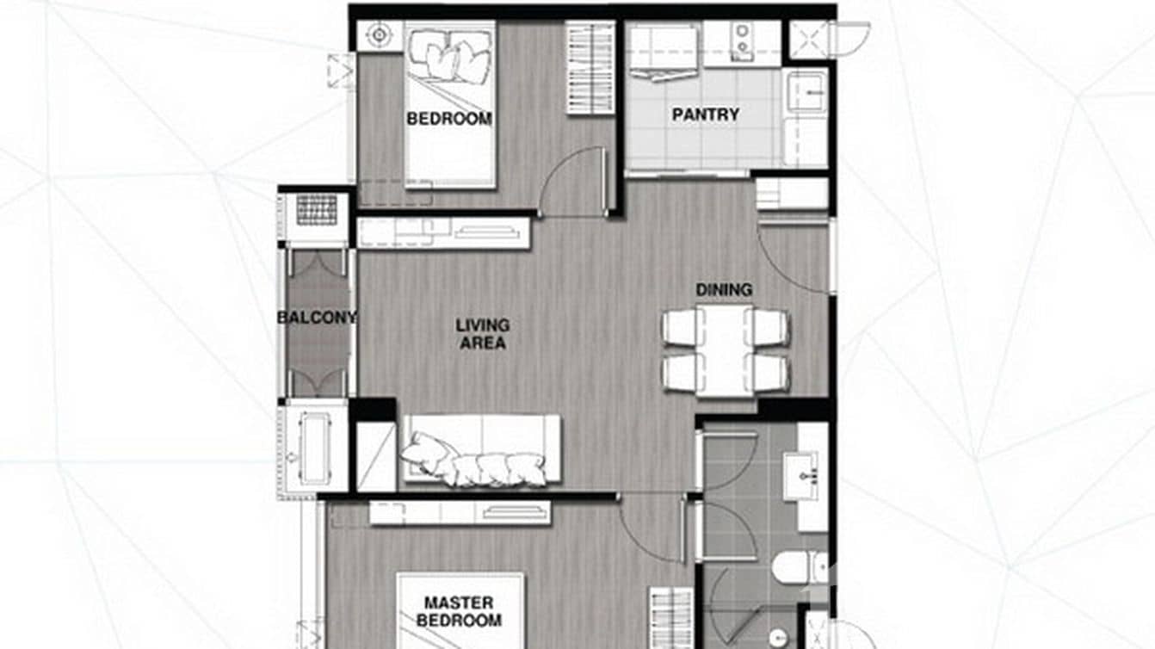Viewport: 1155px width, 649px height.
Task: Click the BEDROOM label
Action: [x=449, y=119]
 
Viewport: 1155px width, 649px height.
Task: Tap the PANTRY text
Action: [x=705, y=114]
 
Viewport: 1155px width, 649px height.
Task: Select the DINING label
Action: [x=724, y=290]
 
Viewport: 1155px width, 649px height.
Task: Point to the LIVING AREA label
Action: [x=483, y=334]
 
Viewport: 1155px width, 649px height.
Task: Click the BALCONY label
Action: [x=317, y=318]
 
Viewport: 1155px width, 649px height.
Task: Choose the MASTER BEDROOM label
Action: [x=459, y=611]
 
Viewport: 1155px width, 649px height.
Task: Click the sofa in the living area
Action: [x=481, y=449]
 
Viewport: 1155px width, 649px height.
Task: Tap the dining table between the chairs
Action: [x=724, y=349]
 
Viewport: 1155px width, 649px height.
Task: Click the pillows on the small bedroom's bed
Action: [x=449, y=59]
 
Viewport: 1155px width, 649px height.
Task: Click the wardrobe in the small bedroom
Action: [x=590, y=68]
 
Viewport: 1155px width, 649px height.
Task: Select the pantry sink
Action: [x=806, y=91]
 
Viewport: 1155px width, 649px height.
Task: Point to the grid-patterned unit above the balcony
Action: [x=317, y=209]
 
